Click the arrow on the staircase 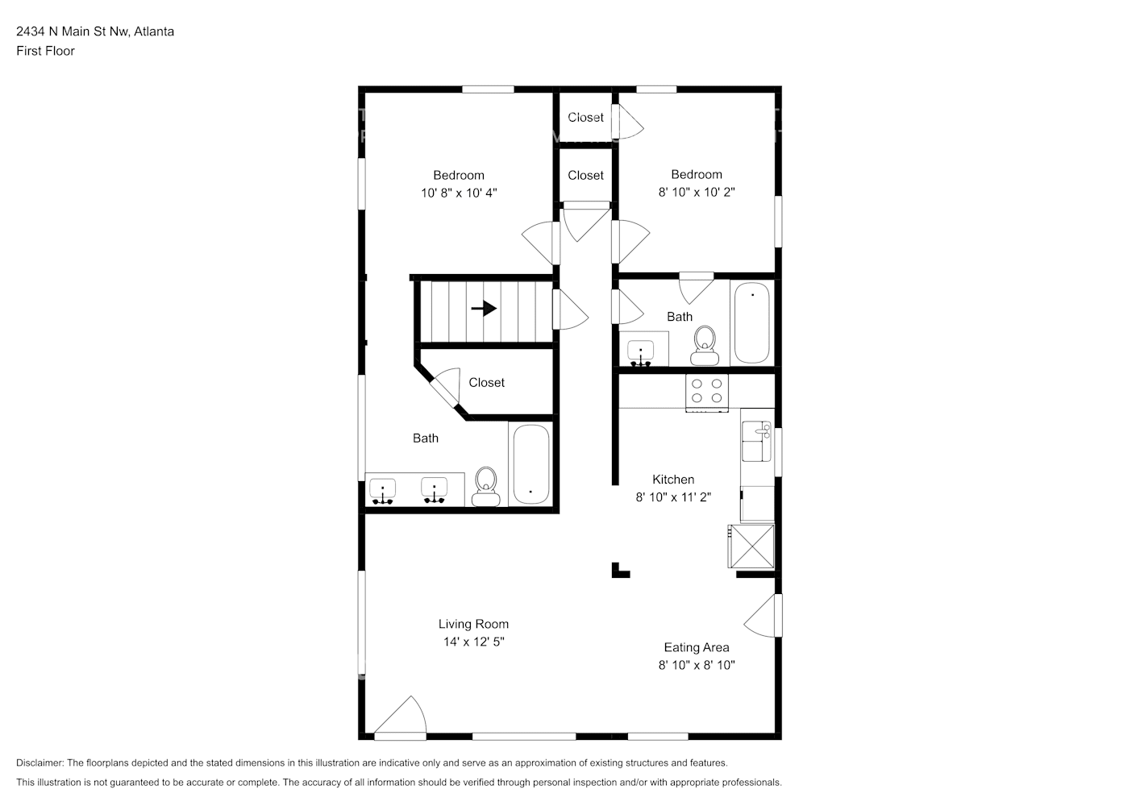[484, 309]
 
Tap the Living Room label [473, 624]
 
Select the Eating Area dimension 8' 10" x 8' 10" [697, 665]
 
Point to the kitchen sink [756, 441]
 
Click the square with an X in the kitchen [751, 546]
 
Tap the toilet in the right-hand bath [705, 346]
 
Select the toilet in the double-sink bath [485, 487]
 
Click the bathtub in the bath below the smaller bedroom [752, 322]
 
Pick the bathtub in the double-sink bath [530, 464]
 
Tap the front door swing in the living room [400, 717]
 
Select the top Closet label [585, 118]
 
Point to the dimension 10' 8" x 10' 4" [459, 193]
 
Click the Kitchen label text [673, 480]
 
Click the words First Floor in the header [45, 51]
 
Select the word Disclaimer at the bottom [40, 762]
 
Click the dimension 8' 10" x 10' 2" [697, 192]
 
